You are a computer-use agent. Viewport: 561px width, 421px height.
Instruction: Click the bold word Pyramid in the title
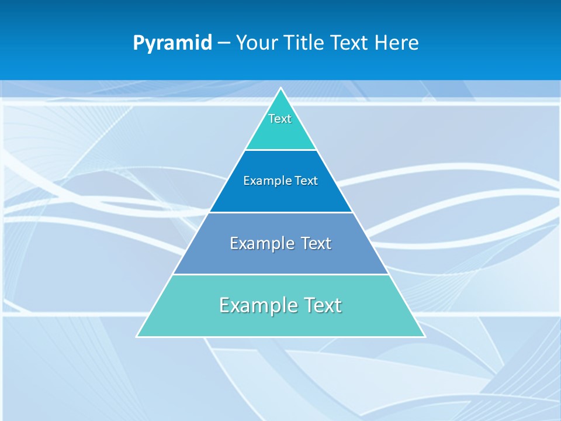point(172,43)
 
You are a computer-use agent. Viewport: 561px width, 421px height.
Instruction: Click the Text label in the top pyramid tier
point(280,119)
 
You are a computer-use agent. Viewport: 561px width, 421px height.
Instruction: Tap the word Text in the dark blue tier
point(306,181)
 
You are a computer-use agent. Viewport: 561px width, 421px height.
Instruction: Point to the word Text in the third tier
point(316,243)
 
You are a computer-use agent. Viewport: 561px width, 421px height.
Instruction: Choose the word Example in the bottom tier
point(257,306)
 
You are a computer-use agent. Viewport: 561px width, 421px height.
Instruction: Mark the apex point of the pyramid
point(281,88)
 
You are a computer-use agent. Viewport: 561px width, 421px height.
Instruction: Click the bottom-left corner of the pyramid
point(137,337)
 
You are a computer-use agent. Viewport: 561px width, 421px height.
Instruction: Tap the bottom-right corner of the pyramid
point(425,337)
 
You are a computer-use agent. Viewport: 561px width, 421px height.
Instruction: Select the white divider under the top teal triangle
point(281,150)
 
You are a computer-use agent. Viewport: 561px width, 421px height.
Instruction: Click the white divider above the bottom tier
point(281,274)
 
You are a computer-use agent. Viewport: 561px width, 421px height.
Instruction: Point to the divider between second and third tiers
point(281,212)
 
